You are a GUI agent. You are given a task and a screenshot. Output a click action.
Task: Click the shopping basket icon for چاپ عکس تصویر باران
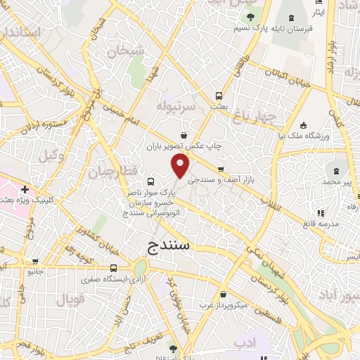click(x=184, y=135)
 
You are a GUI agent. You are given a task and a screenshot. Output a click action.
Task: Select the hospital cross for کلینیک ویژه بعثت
click(x=25, y=189)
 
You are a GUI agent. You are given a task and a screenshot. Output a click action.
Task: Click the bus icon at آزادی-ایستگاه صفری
click(x=114, y=268)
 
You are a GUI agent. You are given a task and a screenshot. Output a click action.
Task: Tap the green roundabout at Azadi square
click(x=140, y=268)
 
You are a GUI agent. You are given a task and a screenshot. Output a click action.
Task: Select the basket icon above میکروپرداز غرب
click(x=223, y=295)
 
